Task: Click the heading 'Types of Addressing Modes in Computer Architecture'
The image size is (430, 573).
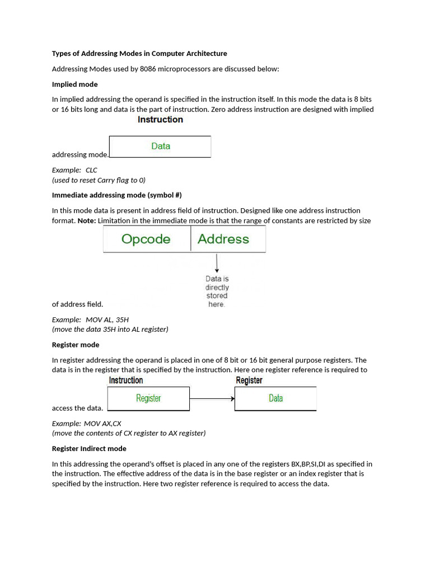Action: point(139,54)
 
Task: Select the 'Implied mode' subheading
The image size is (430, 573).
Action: point(74,84)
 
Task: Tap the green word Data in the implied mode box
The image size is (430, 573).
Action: point(160,146)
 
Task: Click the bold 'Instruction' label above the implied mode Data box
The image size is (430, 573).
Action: point(160,120)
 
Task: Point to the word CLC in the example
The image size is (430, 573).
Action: point(91,170)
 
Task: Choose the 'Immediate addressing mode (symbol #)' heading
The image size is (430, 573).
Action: point(116,195)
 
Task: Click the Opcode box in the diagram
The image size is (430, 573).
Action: point(146,239)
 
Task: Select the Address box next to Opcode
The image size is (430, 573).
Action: point(223,239)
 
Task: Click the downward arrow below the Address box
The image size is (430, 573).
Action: point(217,262)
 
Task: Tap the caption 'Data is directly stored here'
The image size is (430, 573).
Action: point(217,292)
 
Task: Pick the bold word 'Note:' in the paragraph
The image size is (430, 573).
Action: point(86,221)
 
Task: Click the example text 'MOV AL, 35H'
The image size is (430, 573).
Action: point(107,320)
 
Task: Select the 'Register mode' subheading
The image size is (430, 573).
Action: point(76,345)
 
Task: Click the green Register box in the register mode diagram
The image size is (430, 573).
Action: point(148,398)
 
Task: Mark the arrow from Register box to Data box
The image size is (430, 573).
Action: point(212,399)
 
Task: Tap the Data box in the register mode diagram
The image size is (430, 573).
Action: point(275,398)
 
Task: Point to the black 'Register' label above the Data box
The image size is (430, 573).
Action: point(249,381)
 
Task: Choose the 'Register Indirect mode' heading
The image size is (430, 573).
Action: point(89,449)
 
